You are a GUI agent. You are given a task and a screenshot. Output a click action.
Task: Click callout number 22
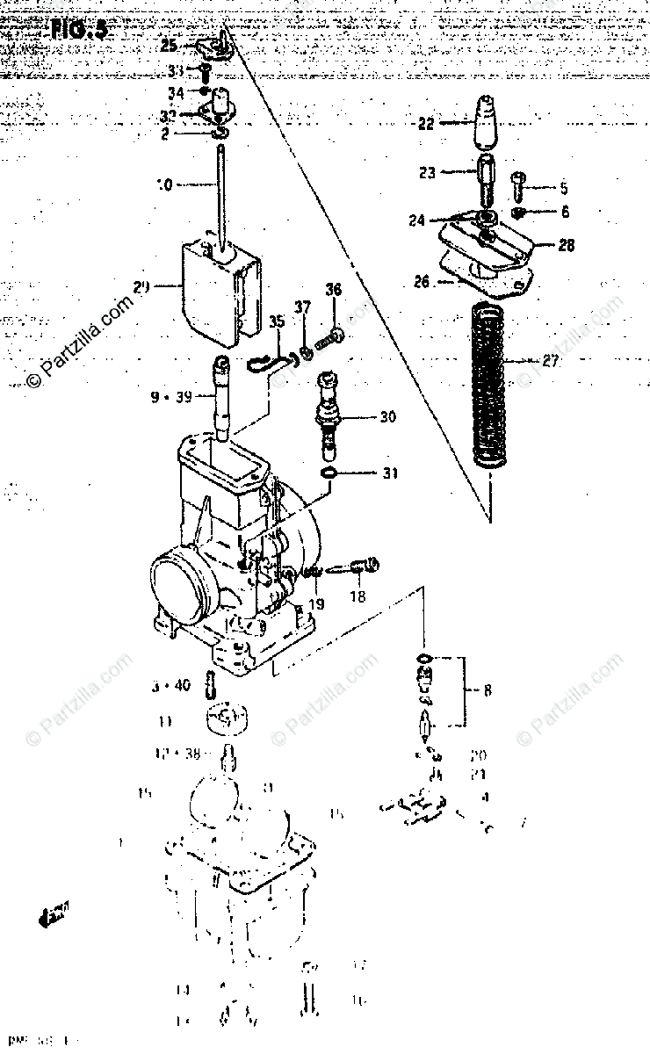[x=426, y=124]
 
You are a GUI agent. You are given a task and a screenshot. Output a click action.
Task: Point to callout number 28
[x=567, y=245]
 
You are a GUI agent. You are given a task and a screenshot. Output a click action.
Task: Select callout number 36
[x=333, y=290]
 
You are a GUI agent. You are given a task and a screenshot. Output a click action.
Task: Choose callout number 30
[x=387, y=417]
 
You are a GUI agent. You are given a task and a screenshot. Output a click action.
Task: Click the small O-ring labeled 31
[x=329, y=475]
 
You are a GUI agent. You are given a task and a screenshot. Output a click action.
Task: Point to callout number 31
[x=389, y=474]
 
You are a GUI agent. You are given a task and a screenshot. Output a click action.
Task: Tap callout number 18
[x=357, y=597]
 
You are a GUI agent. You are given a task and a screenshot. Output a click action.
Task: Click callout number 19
[x=315, y=603]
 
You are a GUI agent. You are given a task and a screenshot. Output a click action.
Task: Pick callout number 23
[x=427, y=173]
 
